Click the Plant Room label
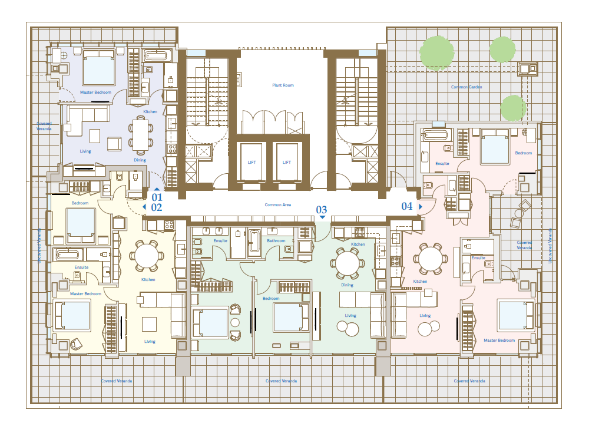pos(283,85)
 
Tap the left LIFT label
pos(252,162)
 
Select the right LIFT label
pos(287,162)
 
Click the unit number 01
pos(157,197)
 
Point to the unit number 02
pos(157,207)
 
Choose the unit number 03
pos(322,210)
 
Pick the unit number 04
pos(407,206)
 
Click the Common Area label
pos(277,205)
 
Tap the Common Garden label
pos(466,87)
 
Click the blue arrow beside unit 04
pos(421,207)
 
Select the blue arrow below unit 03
pos(322,217)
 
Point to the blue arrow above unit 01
pos(157,189)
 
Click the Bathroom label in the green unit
pos(276,241)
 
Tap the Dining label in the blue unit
pos(140,160)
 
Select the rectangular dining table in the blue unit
pos(141,134)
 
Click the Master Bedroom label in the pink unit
pos(499,341)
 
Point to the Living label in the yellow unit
pos(150,342)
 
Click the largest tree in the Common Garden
pos(436,52)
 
